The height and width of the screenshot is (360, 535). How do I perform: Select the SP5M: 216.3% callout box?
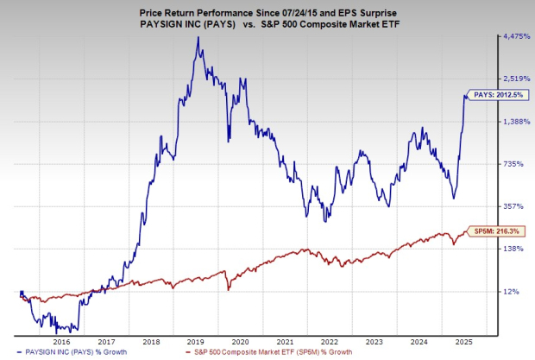click(496, 231)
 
